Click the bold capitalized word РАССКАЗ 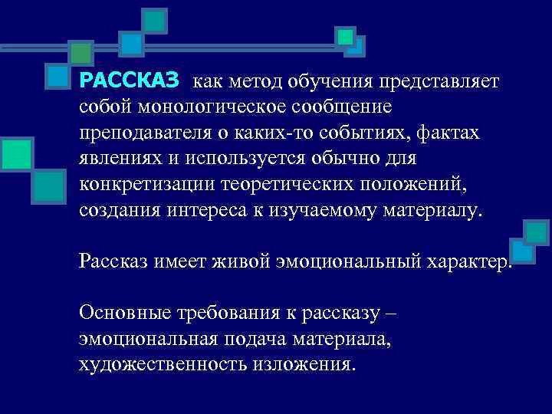pos(129,79)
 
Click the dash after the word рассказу pos(389,314)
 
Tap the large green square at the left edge pos(15,153)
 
